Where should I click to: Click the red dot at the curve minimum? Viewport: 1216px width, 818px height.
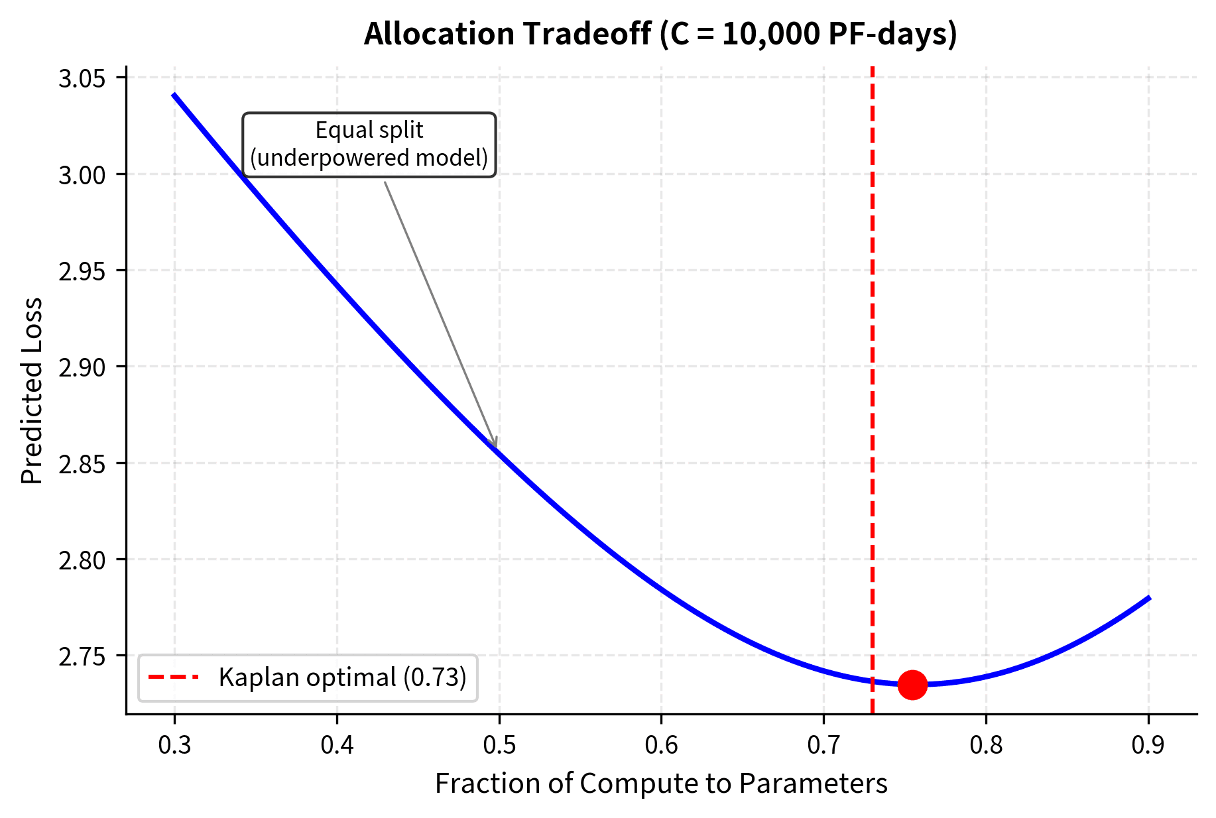click(x=912, y=684)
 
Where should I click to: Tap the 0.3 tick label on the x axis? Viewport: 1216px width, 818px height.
click(x=174, y=745)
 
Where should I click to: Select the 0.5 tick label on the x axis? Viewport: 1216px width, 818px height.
click(x=499, y=745)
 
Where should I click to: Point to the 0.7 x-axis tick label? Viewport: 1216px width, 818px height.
click(x=823, y=745)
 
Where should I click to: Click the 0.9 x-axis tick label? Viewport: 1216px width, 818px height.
click(x=1148, y=745)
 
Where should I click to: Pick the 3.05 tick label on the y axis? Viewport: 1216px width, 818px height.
click(x=82, y=79)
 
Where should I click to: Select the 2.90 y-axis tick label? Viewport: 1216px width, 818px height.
click(x=82, y=367)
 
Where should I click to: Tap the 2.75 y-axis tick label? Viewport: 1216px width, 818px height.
click(x=82, y=656)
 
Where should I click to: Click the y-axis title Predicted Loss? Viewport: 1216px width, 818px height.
click(x=32, y=391)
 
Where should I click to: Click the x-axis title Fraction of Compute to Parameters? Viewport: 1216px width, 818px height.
click(x=661, y=784)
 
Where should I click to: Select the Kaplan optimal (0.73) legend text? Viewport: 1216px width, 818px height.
click(x=343, y=677)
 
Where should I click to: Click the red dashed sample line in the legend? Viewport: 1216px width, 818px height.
click(x=173, y=677)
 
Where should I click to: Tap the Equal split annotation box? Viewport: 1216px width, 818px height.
click(x=369, y=145)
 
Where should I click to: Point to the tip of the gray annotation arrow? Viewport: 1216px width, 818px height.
click(x=496, y=448)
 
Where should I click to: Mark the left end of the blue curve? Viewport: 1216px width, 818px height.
click(x=174, y=95)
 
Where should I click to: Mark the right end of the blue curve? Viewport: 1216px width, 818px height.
click(x=1149, y=598)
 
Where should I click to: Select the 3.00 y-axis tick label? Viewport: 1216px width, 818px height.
click(x=82, y=175)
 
